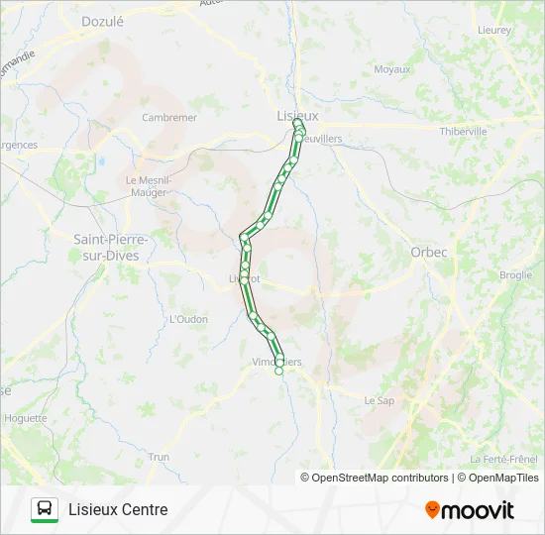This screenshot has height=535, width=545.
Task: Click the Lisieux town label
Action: (x=297, y=116)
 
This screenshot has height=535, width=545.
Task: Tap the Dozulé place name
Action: (x=102, y=20)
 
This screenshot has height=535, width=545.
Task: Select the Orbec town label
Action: (x=429, y=252)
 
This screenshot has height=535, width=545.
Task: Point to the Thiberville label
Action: (x=464, y=131)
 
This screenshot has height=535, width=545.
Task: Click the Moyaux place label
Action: (x=392, y=69)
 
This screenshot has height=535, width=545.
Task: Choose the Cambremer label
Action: (x=169, y=117)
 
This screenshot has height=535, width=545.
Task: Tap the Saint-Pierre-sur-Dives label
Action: (x=111, y=247)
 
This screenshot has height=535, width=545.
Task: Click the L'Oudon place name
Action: (x=188, y=319)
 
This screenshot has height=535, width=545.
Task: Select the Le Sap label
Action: (x=380, y=400)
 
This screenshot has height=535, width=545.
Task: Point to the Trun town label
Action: (x=159, y=457)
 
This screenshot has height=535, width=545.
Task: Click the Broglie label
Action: (x=515, y=275)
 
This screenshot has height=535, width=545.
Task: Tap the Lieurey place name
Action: (x=494, y=30)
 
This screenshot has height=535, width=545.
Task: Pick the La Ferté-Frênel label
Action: (x=504, y=459)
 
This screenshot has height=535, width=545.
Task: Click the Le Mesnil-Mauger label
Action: (x=149, y=186)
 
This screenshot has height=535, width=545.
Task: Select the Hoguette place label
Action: (x=26, y=418)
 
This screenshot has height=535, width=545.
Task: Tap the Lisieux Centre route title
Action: (x=118, y=509)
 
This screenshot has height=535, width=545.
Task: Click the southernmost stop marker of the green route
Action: (x=279, y=371)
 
